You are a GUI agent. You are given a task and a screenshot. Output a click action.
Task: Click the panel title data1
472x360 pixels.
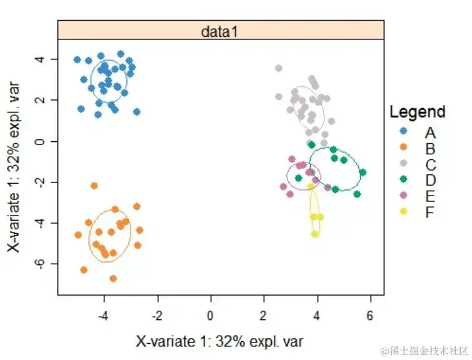click(220, 31)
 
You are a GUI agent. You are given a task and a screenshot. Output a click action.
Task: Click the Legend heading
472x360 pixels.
click(417, 112)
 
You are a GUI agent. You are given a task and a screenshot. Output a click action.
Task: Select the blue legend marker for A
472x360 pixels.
click(403, 132)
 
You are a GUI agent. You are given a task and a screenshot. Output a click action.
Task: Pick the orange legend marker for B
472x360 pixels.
click(403, 148)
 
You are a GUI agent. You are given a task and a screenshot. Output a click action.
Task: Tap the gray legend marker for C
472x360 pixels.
click(403, 164)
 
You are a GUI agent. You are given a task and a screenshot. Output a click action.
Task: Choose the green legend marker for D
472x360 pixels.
click(403, 180)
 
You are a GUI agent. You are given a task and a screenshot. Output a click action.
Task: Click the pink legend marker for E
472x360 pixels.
click(403, 196)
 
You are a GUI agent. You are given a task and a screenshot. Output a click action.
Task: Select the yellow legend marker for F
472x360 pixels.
click(403, 212)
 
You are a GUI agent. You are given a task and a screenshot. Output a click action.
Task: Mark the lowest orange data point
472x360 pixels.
click(113, 278)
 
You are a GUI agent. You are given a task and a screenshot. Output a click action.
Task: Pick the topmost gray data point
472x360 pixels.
click(279, 68)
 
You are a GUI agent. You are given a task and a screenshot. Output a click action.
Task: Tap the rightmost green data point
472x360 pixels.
click(363, 172)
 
